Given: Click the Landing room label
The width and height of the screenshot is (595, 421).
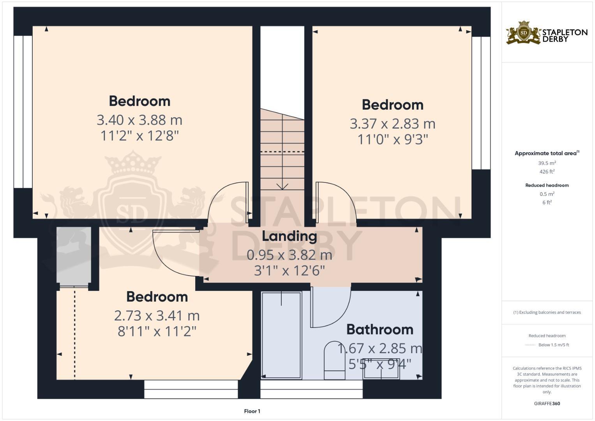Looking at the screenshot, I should (x=289, y=236).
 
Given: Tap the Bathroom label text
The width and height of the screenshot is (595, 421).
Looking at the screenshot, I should (x=380, y=330).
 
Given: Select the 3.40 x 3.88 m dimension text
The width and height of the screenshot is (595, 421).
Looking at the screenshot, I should (x=139, y=120).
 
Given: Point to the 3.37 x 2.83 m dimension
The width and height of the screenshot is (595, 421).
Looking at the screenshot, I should (x=392, y=124).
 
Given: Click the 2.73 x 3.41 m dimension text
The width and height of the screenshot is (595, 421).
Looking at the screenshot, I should (x=157, y=315).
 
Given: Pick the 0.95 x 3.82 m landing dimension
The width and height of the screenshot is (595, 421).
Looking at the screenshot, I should (x=289, y=255).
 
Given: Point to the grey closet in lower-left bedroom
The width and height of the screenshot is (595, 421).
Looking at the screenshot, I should (x=74, y=255).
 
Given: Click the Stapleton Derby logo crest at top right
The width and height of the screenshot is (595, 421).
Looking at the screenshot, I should (x=524, y=33).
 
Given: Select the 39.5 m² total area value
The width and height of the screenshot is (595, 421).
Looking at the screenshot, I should (x=547, y=163).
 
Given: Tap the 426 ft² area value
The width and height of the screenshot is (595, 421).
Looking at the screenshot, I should (x=547, y=172).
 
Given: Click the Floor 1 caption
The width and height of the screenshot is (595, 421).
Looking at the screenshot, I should (x=252, y=411).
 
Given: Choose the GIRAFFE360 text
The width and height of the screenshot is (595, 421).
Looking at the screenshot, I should (x=547, y=403).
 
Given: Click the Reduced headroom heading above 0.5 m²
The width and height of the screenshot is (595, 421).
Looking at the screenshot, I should (x=547, y=185).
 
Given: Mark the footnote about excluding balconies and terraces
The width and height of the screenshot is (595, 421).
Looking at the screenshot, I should (x=547, y=312).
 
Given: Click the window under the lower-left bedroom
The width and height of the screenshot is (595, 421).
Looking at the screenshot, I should (x=191, y=389).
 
